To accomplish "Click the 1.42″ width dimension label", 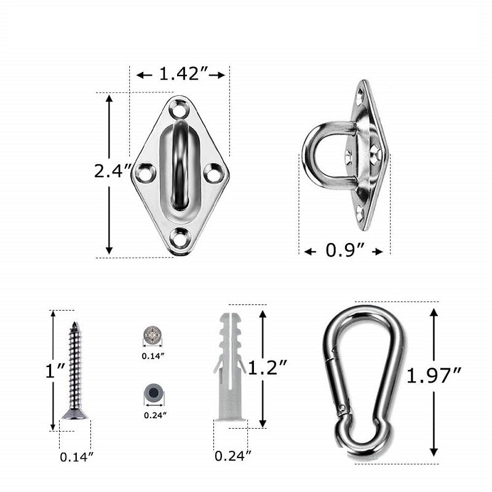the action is (181, 74).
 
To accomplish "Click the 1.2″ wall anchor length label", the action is (269, 368).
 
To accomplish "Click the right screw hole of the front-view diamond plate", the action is (214, 173).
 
